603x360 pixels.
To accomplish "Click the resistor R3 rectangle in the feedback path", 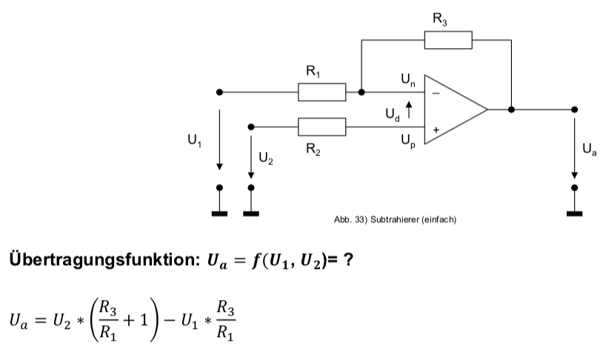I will click(x=447, y=40).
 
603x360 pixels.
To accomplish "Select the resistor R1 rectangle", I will click(x=322, y=93).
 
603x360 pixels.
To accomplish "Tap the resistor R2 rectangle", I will click(x=322, y=127).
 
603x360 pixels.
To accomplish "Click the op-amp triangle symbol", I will click(x=453, y=110).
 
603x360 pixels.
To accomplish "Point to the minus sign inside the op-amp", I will click(x=436, y=93).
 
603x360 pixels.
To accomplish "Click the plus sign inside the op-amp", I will click(x=436, y=129).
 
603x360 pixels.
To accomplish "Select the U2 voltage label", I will click(x=265, y=159).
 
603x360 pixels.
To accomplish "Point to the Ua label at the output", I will click(x=588, y=150).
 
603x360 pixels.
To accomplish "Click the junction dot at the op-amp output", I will click(x=511, y=110).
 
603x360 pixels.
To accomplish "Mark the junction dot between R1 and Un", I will click(x=361, y=93).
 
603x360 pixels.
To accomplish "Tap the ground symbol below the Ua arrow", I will click(x=573, y=213).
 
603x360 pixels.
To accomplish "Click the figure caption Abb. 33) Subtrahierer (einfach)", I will click(x=393, y=219).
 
